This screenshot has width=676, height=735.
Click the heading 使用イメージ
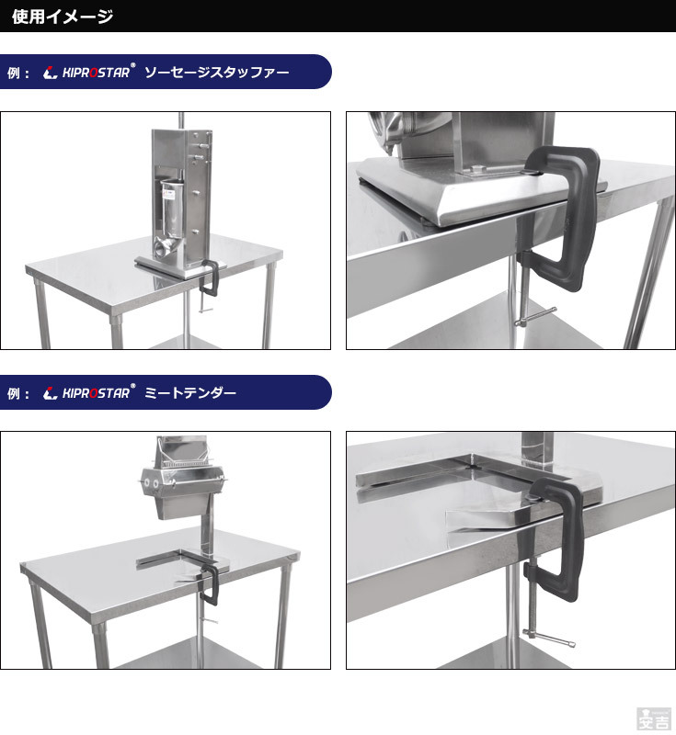[63, 16]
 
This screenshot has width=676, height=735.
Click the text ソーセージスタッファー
[217, 72]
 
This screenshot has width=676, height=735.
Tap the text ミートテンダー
[190, 393]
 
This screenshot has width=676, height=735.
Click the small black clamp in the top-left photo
[210, 279]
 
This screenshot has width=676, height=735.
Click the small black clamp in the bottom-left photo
[211, 588]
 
